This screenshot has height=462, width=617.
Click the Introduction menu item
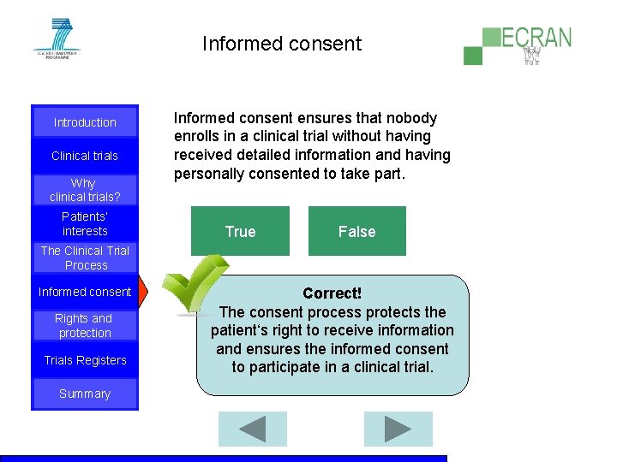tap(85, 122)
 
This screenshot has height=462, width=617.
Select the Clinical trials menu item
tap(85, 156)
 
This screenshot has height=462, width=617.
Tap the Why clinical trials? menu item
tap(84, 190)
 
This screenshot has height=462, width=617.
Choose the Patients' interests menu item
tap(85, 224)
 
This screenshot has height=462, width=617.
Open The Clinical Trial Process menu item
tap(85, 258)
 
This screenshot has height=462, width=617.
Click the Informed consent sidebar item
tap(85, 292)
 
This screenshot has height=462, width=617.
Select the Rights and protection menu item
tap(85, 326)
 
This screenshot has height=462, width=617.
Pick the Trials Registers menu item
tap(85, 360)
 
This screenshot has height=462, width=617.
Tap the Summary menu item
tap(85, 394)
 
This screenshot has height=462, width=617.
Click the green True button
tap(240, 231)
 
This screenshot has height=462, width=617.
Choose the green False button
tap(356, 231)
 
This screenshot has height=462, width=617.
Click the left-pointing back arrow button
tap(252, 429)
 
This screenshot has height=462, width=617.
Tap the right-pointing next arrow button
tap(397, 429)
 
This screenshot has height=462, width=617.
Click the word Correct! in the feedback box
tap(332, 293)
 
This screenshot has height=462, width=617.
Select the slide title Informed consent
tap(282, 44)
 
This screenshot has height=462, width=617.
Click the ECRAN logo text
tap(536, 38)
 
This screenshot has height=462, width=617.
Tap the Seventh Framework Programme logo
tap(56, 38)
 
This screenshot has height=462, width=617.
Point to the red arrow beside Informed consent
tap(143, 292)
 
